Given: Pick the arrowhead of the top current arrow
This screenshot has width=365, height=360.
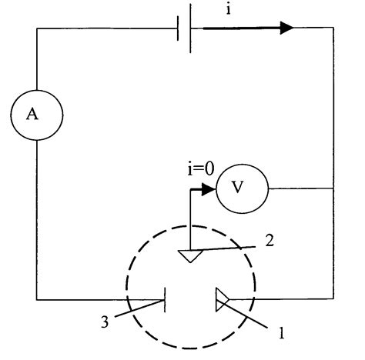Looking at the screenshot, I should pos(286,28).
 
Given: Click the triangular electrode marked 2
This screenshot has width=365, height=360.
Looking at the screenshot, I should pos(189,255).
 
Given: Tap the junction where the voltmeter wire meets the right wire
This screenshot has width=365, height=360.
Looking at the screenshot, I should pos(333,188).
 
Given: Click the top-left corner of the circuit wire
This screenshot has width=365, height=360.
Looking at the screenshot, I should pos(36,29).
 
